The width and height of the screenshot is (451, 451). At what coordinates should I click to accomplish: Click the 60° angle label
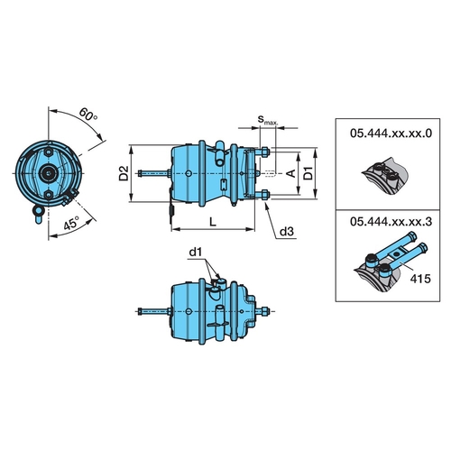click(x=87, y=116)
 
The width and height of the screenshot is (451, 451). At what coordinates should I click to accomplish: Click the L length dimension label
click(x=210, y=221)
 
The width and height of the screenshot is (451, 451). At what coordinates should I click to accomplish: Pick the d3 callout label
click(x=286, y=232)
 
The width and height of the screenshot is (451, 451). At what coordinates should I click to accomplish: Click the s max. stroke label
click(x=265, y=118)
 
